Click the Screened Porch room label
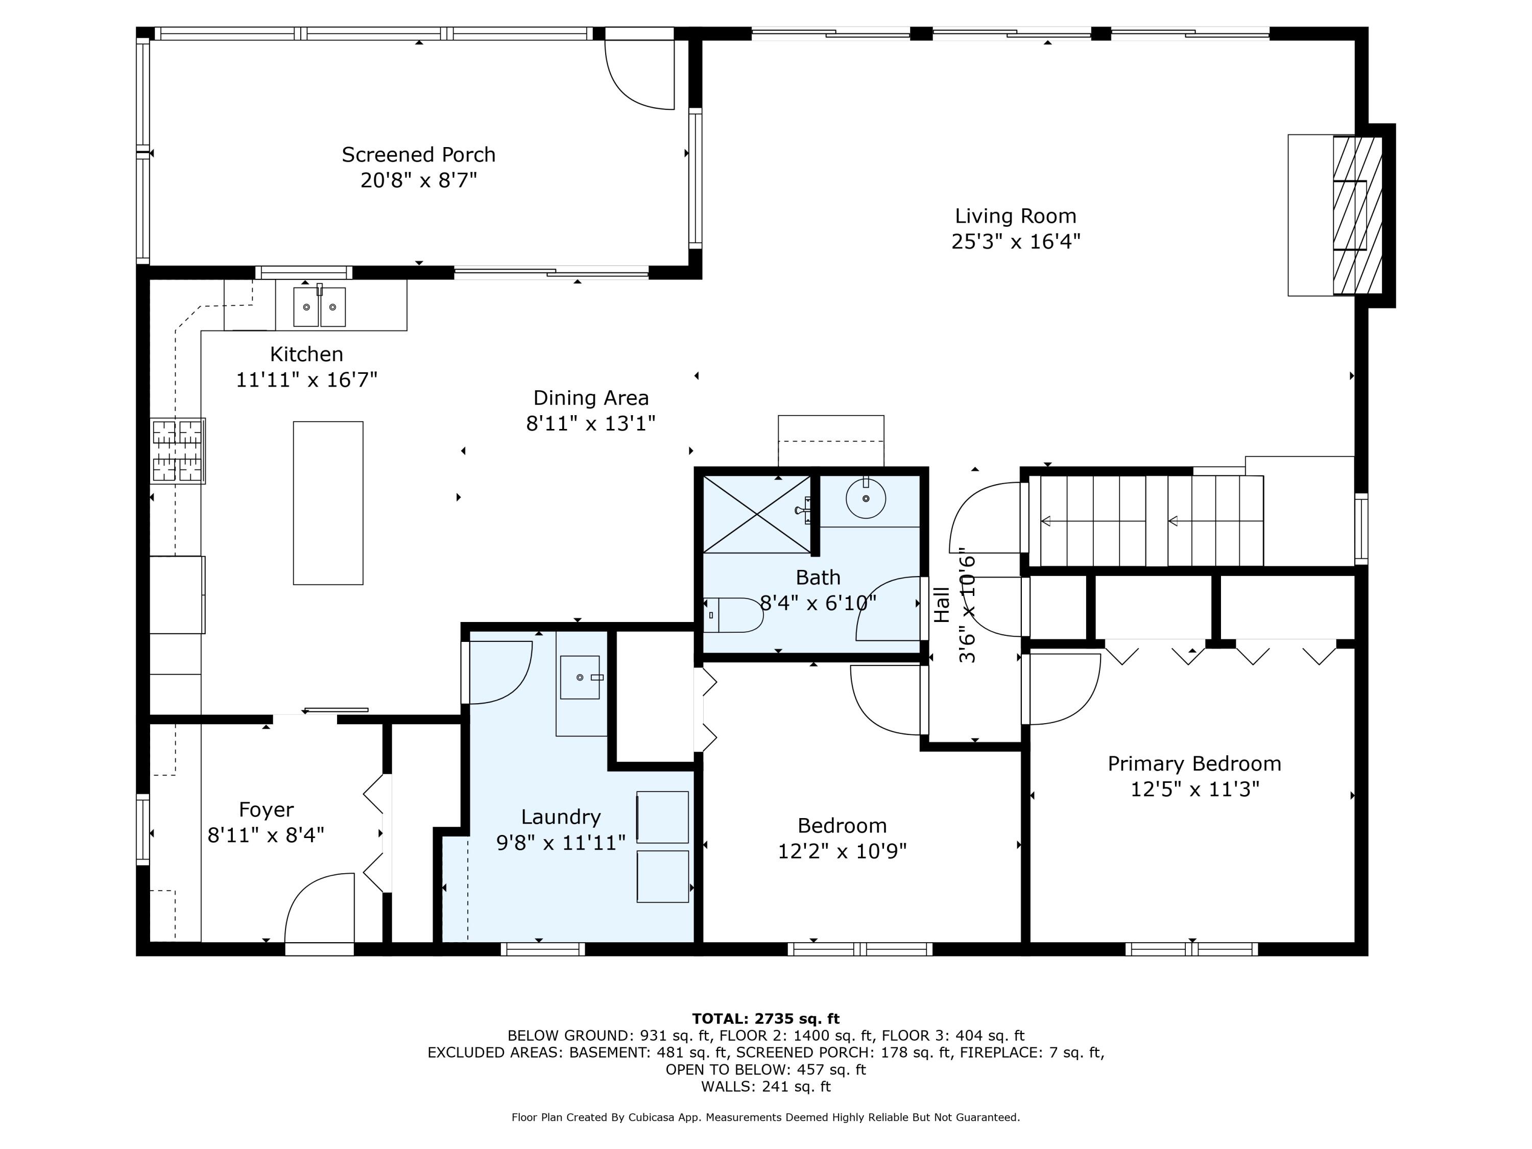click(x=418, y=154)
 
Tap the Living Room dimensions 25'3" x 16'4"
click(x=1015, y=242)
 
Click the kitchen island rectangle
click(x=328, y=503)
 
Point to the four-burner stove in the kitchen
click(x=177, y=450)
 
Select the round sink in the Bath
click(x=866, y=498)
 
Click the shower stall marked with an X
click(x=756, y=514)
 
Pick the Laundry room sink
click(x=580, y=677)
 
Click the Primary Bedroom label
click(x=1194, y=764)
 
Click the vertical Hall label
click(x=942, y=605)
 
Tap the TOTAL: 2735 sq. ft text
click(x=765, y=1019)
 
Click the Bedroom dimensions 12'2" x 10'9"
click(x=842, y=851)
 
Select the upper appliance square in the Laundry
click(x=662, y=817)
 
